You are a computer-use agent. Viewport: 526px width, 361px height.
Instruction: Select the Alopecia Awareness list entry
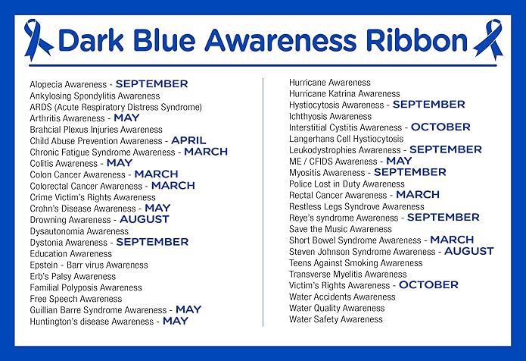coord(70,85)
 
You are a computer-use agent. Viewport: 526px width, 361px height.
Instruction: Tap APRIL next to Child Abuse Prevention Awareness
coord(188,141)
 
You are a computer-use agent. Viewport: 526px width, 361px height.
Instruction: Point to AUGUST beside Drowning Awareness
coord(144,220)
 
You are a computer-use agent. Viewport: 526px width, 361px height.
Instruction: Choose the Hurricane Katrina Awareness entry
coord(344,94)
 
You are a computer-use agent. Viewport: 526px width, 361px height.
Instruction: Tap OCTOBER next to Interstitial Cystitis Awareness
coord(440,127)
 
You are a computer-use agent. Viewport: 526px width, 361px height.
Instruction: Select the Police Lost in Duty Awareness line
coord(347,184)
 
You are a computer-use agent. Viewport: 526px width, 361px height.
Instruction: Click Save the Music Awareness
coord(341,229)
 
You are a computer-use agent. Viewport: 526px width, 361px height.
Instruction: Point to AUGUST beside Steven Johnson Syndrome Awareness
coord(468,251)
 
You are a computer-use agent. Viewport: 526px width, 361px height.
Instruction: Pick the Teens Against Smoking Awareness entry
coord(356,263)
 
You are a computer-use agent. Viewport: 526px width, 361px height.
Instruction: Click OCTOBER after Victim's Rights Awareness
coord(428,285)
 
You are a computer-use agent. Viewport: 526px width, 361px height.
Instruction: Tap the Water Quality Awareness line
coord(337,308)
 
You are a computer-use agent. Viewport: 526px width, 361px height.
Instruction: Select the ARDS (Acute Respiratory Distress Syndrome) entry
coord(116,108)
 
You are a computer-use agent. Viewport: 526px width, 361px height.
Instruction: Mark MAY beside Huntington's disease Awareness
coord(176,322)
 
